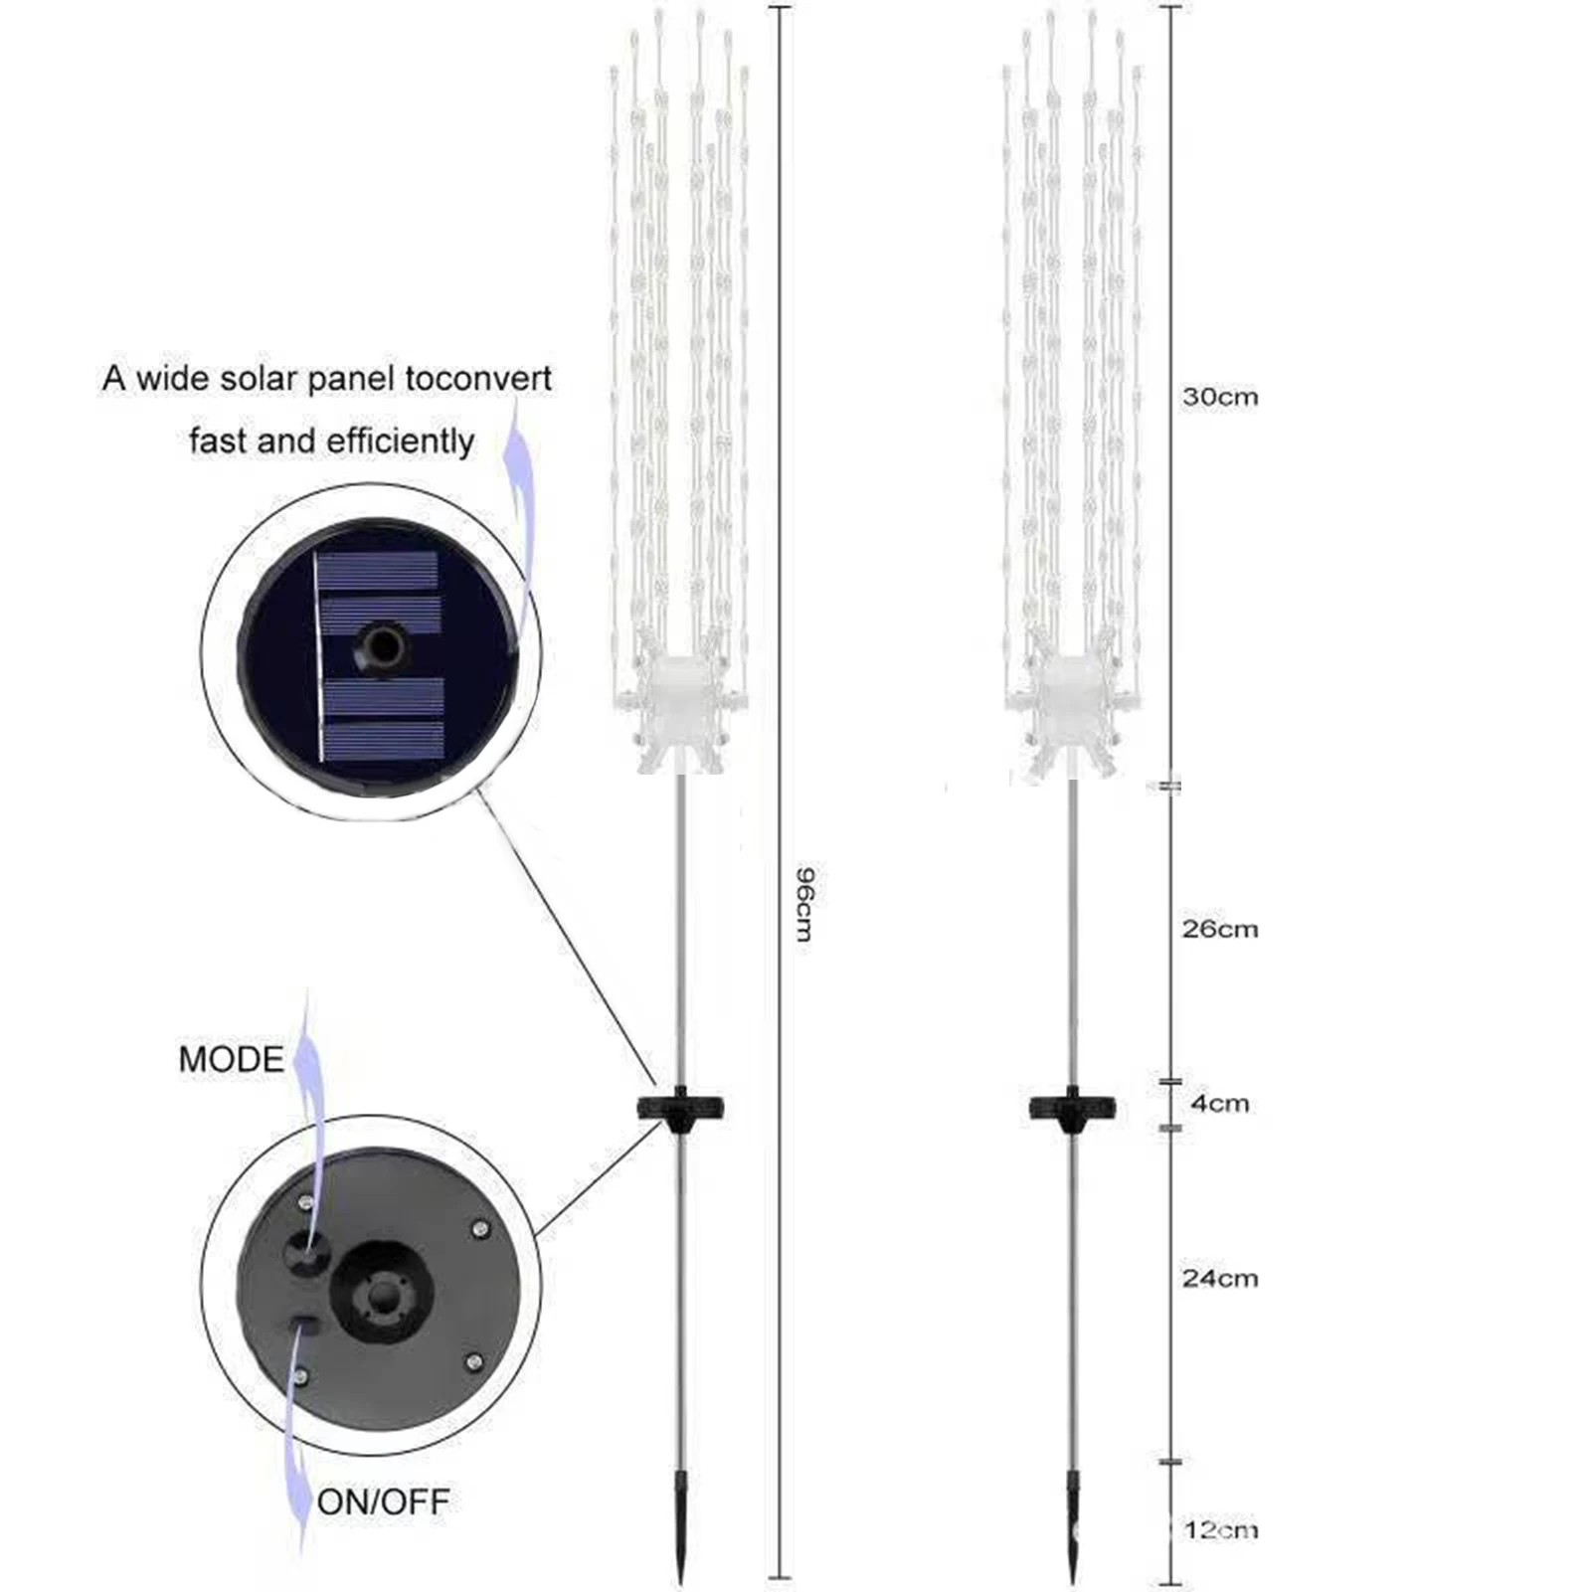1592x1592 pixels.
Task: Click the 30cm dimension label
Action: pos(1219,397)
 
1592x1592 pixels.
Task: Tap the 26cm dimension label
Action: pos(1219,929)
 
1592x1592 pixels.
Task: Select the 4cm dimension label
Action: pos(1219,1103)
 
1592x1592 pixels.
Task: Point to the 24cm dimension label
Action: pos(1219,1278)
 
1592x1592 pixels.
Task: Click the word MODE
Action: pos(231,1059)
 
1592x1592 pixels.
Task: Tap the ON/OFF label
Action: pos(383,1501)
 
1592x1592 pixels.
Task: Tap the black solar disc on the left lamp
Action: pos(680,1108)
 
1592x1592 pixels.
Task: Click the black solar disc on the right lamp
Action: pos(1072,1108)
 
